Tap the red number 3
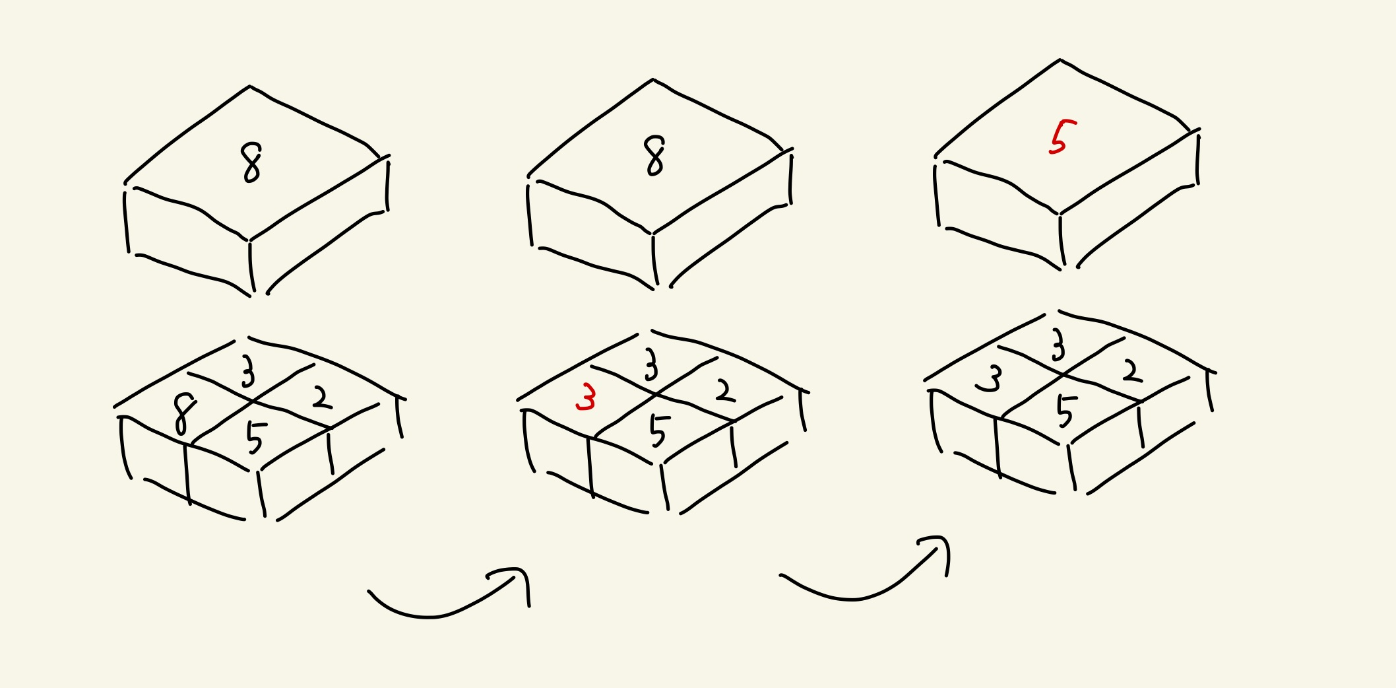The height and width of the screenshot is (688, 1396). [586, 397]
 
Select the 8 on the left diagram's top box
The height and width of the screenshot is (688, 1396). [251, 162]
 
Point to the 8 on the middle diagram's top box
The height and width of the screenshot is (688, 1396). [654, 156]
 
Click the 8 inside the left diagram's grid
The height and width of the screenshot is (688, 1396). [183, 414]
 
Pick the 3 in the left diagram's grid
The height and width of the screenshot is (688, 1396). [247, 371]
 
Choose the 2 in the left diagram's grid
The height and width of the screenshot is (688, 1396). [321, 397]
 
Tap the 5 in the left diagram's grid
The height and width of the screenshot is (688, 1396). [255, 437]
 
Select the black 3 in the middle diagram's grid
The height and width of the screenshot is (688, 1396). [651, 364]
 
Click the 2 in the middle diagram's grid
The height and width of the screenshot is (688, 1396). [725, 391]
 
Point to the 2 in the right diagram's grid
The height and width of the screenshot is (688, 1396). [1132, 371]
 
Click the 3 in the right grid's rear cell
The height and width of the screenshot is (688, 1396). [1058, 345]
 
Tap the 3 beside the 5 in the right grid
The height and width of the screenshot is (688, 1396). [989, 379]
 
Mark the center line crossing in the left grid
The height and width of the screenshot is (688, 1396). [252, 401]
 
